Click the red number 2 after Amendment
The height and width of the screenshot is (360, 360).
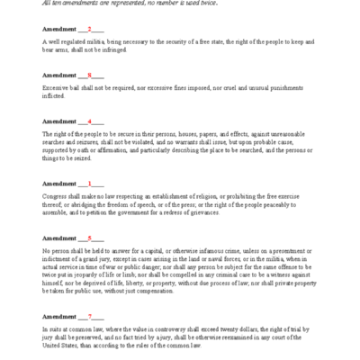88,29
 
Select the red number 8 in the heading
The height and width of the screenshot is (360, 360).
88,75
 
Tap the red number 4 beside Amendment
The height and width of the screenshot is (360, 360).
88,121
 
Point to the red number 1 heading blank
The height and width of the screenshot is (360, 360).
88,183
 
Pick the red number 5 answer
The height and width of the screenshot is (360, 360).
88,238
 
